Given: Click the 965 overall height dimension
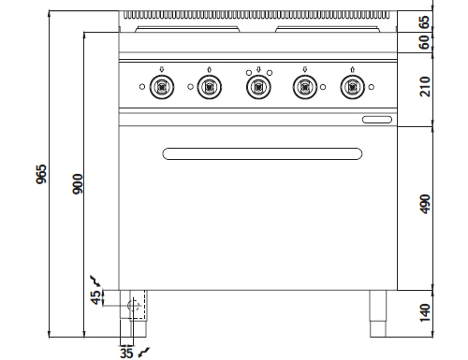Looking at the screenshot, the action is click(41, 174).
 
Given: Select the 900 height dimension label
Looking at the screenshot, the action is click(78, 184).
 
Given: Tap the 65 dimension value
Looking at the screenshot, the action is click(424, 22).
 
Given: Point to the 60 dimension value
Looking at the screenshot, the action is click(424, 42).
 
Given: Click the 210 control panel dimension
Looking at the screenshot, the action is click(425, 86).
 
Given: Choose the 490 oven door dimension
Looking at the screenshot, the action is click(425, 204).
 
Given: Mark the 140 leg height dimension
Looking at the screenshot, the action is click(425, 312).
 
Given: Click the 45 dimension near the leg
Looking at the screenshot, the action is click(95, 297).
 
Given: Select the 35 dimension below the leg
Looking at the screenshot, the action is click(126, 353).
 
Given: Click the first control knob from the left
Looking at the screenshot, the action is click(162, 87).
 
